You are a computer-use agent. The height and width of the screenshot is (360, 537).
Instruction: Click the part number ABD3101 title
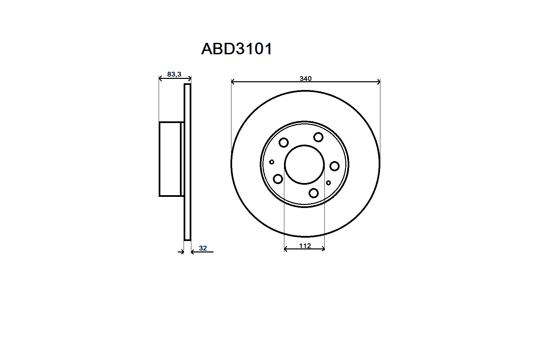(236, 49)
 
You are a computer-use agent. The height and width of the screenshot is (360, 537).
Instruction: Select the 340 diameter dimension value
(306, 79)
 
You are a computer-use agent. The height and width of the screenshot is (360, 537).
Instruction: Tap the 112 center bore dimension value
(305, 246)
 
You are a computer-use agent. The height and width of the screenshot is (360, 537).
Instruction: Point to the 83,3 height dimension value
(174, 74)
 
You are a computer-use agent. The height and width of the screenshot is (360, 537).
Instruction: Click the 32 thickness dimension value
(203, 248)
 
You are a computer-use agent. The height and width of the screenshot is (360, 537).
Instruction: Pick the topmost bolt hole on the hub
(318, 137)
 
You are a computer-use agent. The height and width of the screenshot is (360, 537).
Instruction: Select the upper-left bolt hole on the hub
(284, 143)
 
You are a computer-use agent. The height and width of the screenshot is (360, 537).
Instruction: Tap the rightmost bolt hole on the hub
(335, 166)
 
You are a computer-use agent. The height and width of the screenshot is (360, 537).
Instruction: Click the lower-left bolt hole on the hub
(278, 179)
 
